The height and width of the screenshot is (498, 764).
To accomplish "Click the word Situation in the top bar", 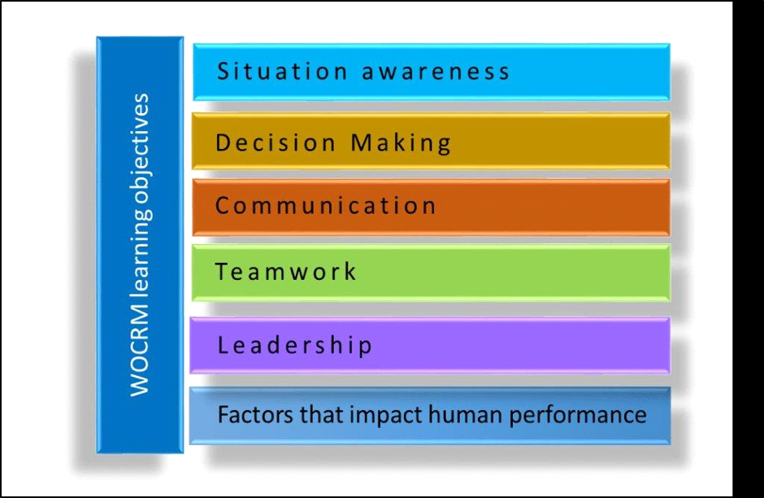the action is [282, 71].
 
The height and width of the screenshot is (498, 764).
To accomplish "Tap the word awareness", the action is [436, 72].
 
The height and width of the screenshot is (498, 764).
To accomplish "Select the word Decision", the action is [276, 142].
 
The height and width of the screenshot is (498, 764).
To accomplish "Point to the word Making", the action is [401, 143].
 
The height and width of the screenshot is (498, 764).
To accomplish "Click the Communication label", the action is [325, 205].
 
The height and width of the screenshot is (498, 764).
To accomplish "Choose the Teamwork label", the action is [285, 271].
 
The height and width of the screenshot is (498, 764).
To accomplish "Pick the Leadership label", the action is [295, 345].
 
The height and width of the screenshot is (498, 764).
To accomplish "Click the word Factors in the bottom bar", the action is [256, 415].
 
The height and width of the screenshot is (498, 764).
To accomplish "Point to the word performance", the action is [578, 416].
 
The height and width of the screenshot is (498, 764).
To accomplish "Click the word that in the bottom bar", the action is [322, 415].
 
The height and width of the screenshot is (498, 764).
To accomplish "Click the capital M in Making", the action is [361, 142].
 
